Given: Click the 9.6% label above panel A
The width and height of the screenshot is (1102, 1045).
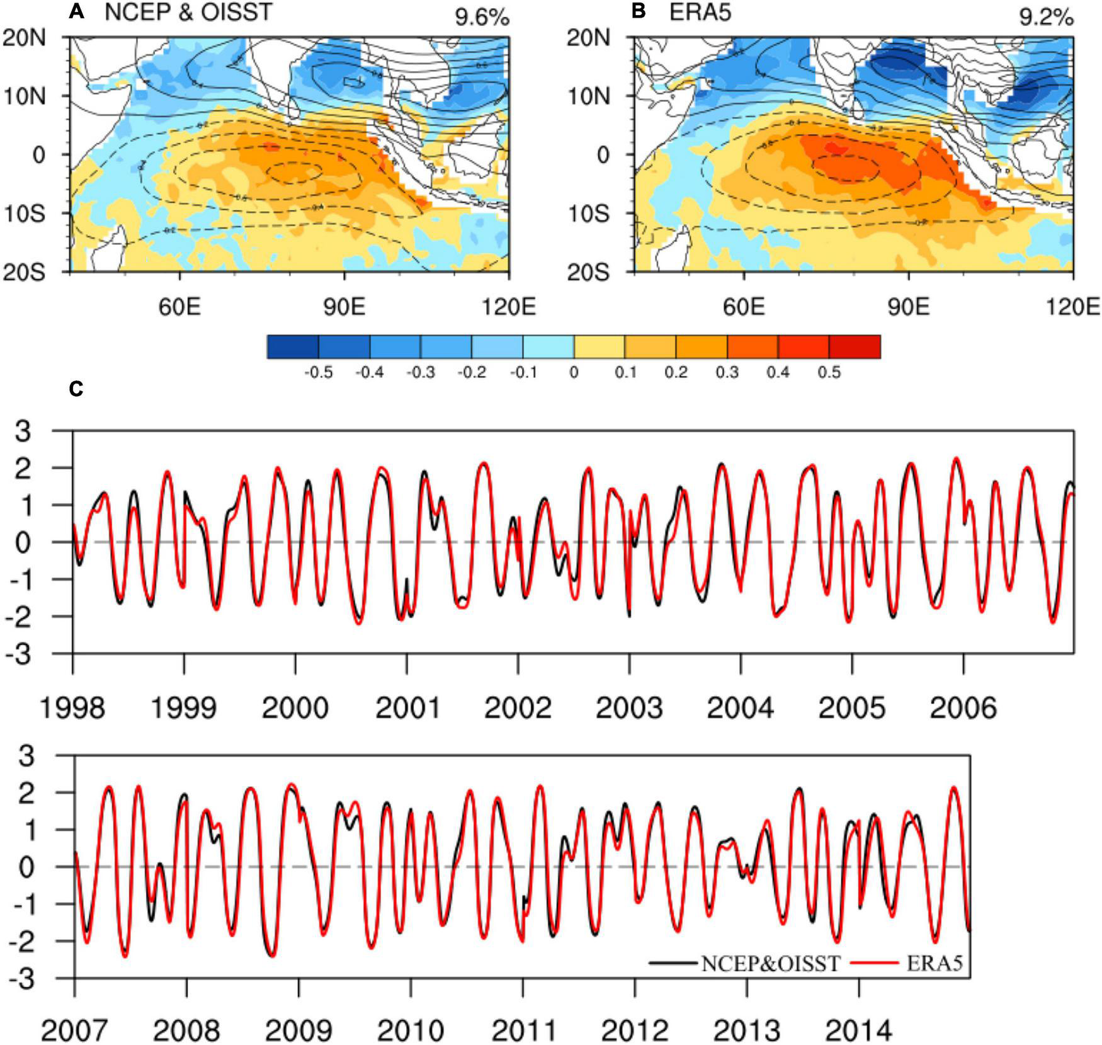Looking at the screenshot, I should [482, 18].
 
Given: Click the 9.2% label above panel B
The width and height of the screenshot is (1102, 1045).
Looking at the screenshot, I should [1046, 18].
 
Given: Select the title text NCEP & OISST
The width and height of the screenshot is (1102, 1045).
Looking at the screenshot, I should [188, 13].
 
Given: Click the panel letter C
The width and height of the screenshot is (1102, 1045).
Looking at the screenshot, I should [76, 389].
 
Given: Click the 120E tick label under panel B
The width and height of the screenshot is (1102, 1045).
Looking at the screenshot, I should [1072, 307].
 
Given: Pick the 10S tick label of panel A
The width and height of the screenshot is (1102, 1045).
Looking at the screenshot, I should [25, 214].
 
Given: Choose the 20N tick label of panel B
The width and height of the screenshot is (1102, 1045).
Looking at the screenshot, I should [588, 38].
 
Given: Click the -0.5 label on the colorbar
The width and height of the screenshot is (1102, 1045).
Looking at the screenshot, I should [318, 372].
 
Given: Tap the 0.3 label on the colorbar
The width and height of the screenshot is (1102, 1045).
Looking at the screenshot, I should [727, 372].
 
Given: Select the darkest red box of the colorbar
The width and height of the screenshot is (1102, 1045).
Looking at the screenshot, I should [855, 346].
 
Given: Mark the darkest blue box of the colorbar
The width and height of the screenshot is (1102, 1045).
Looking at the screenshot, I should [293, 346].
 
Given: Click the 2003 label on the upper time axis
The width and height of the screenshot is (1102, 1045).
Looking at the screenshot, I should [629, 708].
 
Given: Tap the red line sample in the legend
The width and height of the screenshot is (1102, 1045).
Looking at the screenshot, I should [874, 963].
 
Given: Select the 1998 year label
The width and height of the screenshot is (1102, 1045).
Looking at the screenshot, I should [72, 708].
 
